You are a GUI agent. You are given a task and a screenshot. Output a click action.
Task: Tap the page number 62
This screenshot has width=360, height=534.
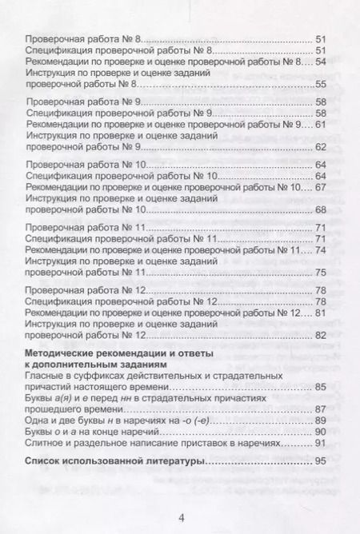coord(322,147)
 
